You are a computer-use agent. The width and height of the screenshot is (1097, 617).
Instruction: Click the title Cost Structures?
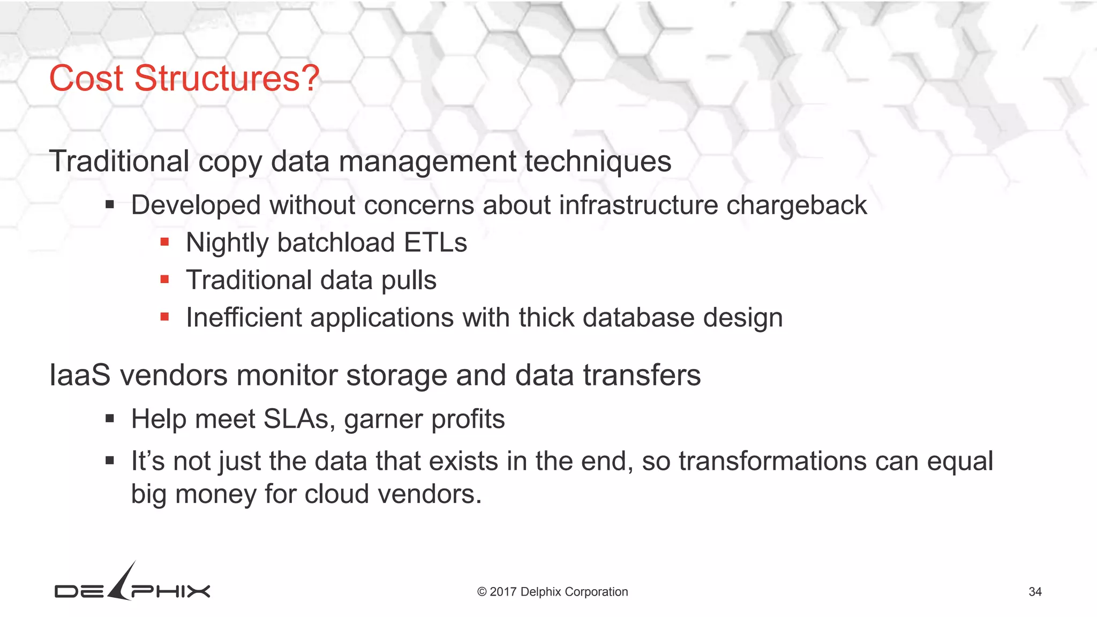pos(184,79)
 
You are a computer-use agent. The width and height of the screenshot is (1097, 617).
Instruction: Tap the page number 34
pos(1035,592)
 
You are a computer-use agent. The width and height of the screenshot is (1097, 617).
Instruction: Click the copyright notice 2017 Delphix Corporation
pos(552,592)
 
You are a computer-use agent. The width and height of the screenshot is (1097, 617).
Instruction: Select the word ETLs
pos(435,243)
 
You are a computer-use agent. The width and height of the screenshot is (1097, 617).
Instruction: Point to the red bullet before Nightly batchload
pos(164,242)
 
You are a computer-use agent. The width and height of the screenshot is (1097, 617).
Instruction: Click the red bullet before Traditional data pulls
pos(164,280)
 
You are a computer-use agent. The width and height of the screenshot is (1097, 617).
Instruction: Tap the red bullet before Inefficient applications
pos(164,317)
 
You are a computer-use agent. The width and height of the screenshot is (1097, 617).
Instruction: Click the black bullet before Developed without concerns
pos(110,205)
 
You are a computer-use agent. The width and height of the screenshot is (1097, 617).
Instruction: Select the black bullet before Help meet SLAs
pos(110,418)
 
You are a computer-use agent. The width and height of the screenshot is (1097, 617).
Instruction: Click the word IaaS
pos(80,375)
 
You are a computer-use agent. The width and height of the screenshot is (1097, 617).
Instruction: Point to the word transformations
pos(772,461)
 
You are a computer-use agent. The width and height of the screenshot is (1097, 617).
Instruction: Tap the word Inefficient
pos(244,318)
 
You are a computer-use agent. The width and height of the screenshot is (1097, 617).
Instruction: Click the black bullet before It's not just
pos(110,461)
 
